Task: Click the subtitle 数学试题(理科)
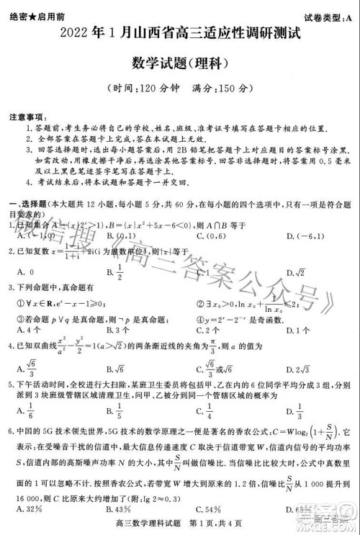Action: point(179,63)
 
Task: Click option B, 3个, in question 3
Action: point(117,331)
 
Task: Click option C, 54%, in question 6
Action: point(208,512)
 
